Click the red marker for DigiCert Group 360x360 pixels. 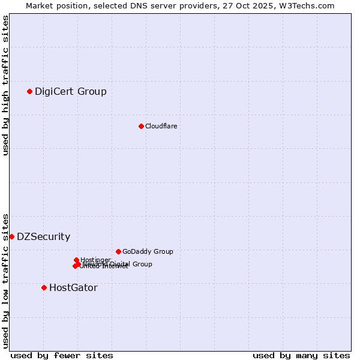[29, 91]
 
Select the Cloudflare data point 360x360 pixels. [141, 126]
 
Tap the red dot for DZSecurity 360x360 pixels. [11, 236]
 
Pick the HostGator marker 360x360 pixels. [44, 287]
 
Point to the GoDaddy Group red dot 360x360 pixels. [118, 251]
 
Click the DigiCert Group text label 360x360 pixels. [71, 91]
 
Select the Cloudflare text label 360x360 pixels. [161, 126]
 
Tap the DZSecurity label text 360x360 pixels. [43, 236]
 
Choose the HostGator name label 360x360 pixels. [73, 287]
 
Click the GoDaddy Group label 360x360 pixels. [148, 251]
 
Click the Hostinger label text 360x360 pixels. [95, 260]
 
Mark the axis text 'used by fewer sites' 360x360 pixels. [62, 355]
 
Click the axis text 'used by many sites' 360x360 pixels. [301, 355]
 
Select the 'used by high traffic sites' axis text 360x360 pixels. [5, 85]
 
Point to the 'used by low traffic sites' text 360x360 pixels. [5, 280]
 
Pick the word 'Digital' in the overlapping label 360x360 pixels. [119, 264]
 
